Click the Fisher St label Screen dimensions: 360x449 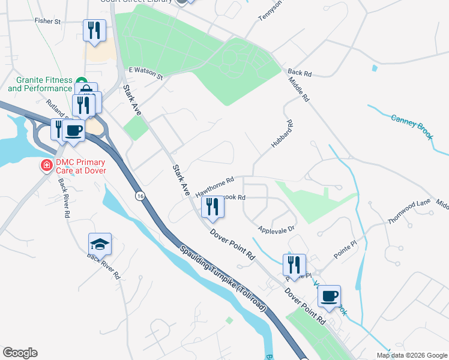[48, 21]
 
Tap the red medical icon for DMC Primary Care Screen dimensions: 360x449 [45, 165]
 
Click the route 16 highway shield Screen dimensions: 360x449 [139, 196]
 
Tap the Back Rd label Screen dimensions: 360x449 [300, 73]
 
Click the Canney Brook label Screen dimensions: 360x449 [411, 127]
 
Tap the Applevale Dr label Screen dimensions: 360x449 [276, 229]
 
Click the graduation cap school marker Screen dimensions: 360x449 [100, 244]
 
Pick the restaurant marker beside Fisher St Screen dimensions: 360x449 [94, 30]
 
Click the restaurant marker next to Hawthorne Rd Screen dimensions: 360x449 [212, 206]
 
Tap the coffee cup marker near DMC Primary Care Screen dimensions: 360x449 [74, 130]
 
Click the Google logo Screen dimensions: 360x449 [20, 353]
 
